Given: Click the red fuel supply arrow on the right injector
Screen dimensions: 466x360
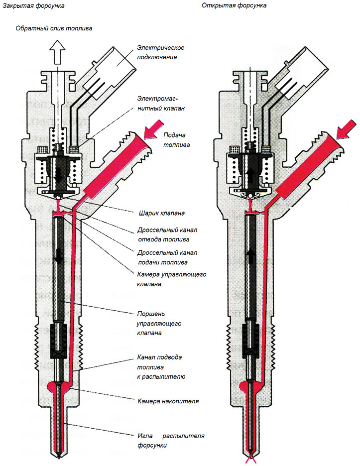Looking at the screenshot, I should tap(344, 130).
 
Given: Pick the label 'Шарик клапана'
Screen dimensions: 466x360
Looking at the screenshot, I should tap(161, 214).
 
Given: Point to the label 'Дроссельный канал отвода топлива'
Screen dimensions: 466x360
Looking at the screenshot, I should tap(167, 235).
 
